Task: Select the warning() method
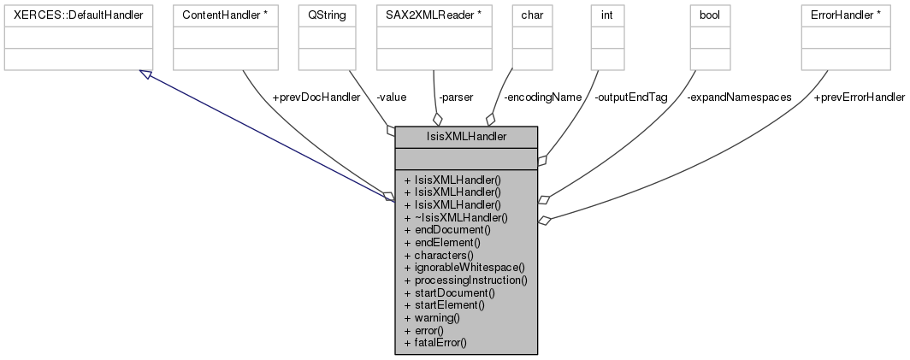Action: click(x=437, y=317)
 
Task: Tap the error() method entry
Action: click(x=429, y=330)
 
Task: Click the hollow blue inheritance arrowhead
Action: click(x=146, y=75)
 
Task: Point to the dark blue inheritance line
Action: click(x=265, y=135)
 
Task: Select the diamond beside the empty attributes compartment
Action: click(x=541, y=158)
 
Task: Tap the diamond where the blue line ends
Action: click(x=389, y=197)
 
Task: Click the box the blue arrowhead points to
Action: click(x=78, y=37)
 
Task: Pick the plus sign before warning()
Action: click(x=408, y=317)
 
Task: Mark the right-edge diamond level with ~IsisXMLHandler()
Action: click(x=542, y=220)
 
